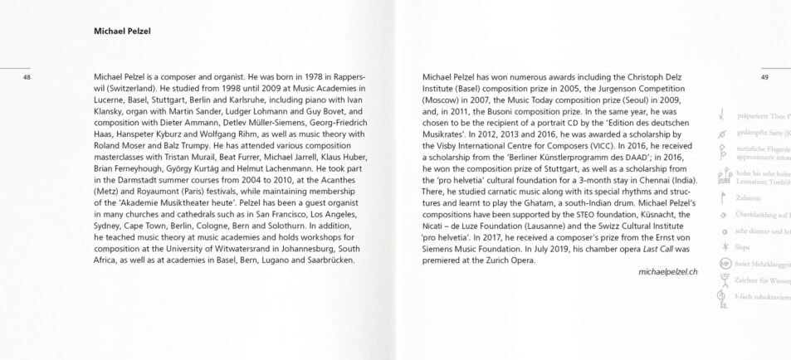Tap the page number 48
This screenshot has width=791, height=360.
point(27,77)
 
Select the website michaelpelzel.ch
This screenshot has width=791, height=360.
point(668,271)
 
